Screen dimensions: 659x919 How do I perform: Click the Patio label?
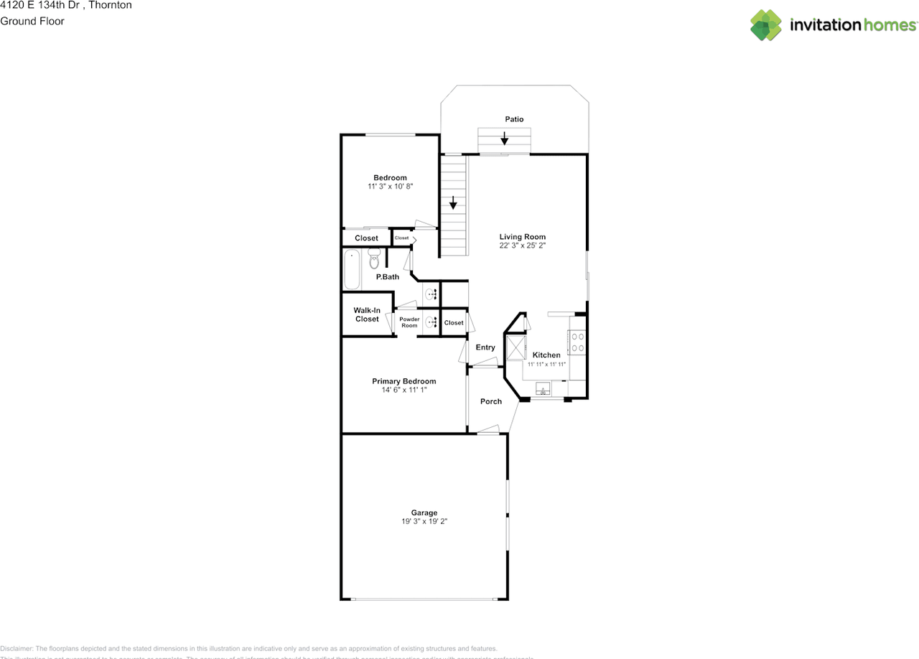(514, 119)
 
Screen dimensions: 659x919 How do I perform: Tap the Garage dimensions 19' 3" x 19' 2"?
(424, 522)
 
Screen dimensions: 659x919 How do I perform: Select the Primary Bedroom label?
(403, 381)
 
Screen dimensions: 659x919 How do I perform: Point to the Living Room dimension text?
(523, 246)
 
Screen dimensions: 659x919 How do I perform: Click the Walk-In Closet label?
(366, 314)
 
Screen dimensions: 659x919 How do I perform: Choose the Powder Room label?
(409, 322)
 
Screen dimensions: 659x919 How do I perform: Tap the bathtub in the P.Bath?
(352, 269)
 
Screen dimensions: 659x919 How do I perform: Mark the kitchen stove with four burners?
(577, 341)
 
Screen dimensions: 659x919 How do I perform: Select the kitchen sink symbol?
(544, 389)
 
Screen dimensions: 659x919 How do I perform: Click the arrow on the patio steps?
(505, 137)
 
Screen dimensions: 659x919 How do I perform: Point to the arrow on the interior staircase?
(453, 202)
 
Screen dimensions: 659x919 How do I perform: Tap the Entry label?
(485, 347)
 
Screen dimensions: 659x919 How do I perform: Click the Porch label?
(491, 401)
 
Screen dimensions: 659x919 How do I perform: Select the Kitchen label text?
(546, 355)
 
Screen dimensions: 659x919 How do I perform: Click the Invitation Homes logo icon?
(766, 25)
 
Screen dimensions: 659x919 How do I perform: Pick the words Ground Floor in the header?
(32, 21)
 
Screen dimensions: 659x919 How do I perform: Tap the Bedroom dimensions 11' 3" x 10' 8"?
(390, 187)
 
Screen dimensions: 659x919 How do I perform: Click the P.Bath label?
(388, 277)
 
